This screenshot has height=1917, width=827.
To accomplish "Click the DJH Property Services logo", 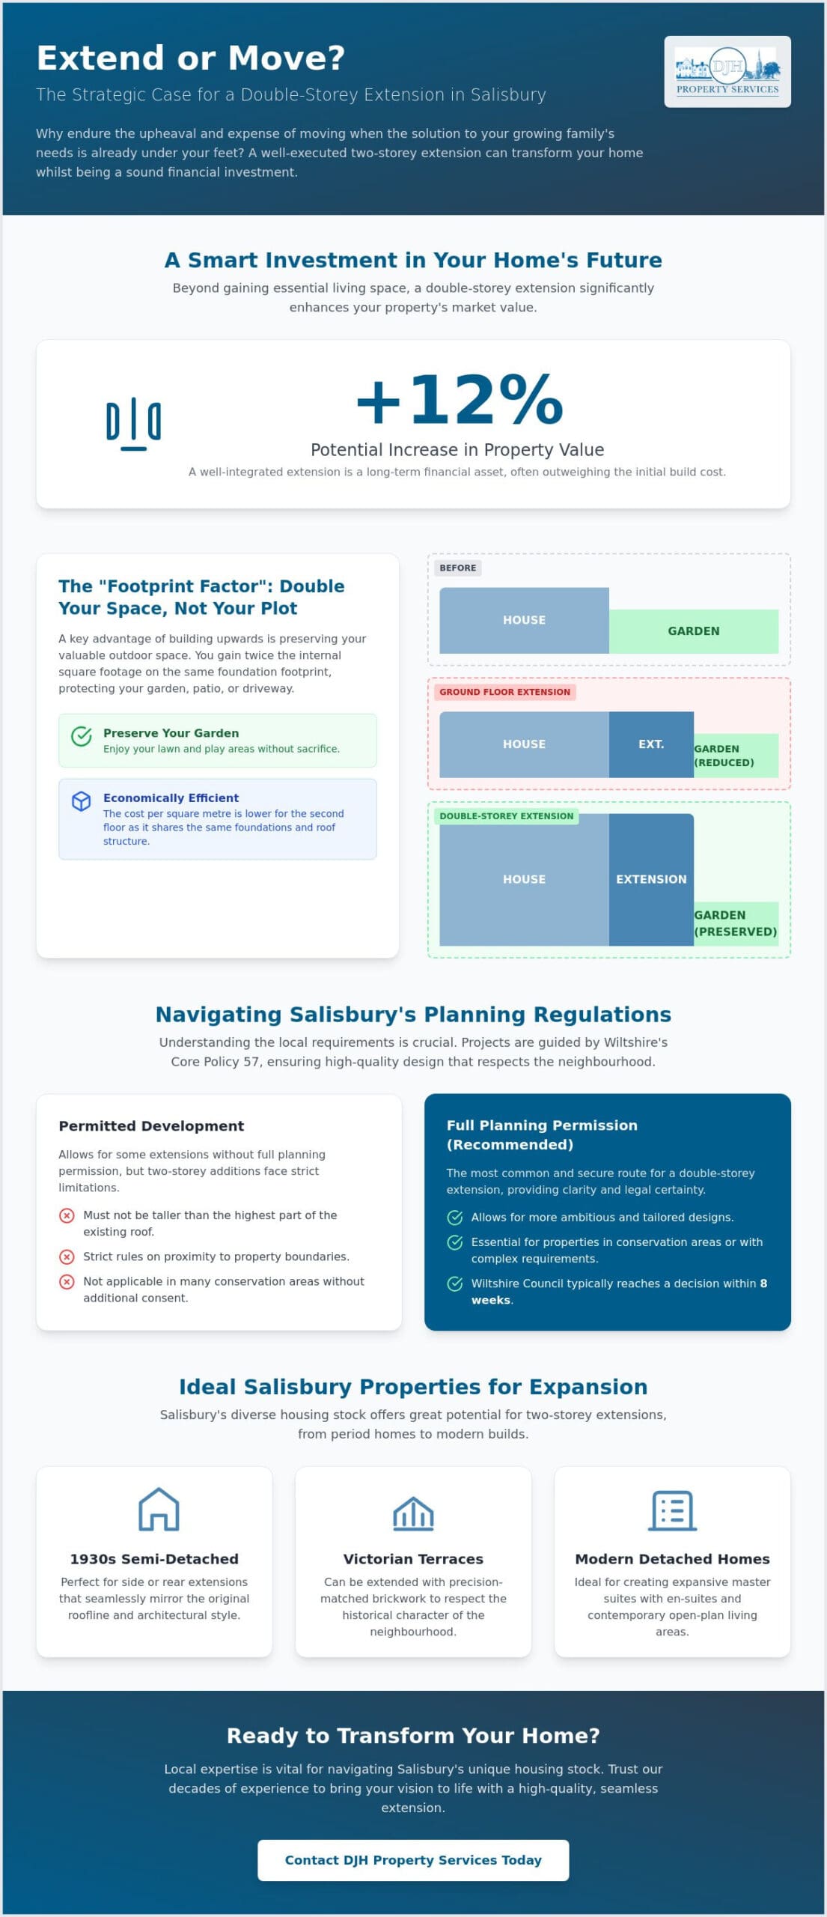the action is [727, 71].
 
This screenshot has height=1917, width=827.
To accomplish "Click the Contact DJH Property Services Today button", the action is [413, 1859].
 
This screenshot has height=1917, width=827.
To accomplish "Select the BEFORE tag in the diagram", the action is [458, 568].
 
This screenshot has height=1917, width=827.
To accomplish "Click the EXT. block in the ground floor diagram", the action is [651, 744].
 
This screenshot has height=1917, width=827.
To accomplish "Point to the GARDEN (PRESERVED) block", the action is [736, 923].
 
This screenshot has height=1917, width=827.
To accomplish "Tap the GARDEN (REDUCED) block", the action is [736, 756].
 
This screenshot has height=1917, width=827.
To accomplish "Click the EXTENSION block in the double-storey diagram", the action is [651, 879].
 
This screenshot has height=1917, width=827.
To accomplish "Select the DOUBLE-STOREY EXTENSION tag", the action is [507, 816].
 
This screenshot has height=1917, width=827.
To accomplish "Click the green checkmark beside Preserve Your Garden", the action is [82, 736].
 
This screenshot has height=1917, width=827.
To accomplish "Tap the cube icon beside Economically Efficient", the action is [82, 801].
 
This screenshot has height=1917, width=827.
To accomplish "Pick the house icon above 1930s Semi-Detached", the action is [159, 1509].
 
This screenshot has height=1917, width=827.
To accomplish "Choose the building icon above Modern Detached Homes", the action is [672, 1510].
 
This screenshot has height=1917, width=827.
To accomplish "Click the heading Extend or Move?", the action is [191, 58].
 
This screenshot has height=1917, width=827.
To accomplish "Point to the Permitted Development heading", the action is [151, 1125].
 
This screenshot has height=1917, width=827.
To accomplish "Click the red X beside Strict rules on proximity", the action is [67, 1257].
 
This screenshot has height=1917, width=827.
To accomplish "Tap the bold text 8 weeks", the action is [619, 1292].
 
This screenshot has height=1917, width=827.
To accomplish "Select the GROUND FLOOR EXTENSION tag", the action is [504, 692].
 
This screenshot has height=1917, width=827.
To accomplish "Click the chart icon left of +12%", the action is [134, 423].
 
